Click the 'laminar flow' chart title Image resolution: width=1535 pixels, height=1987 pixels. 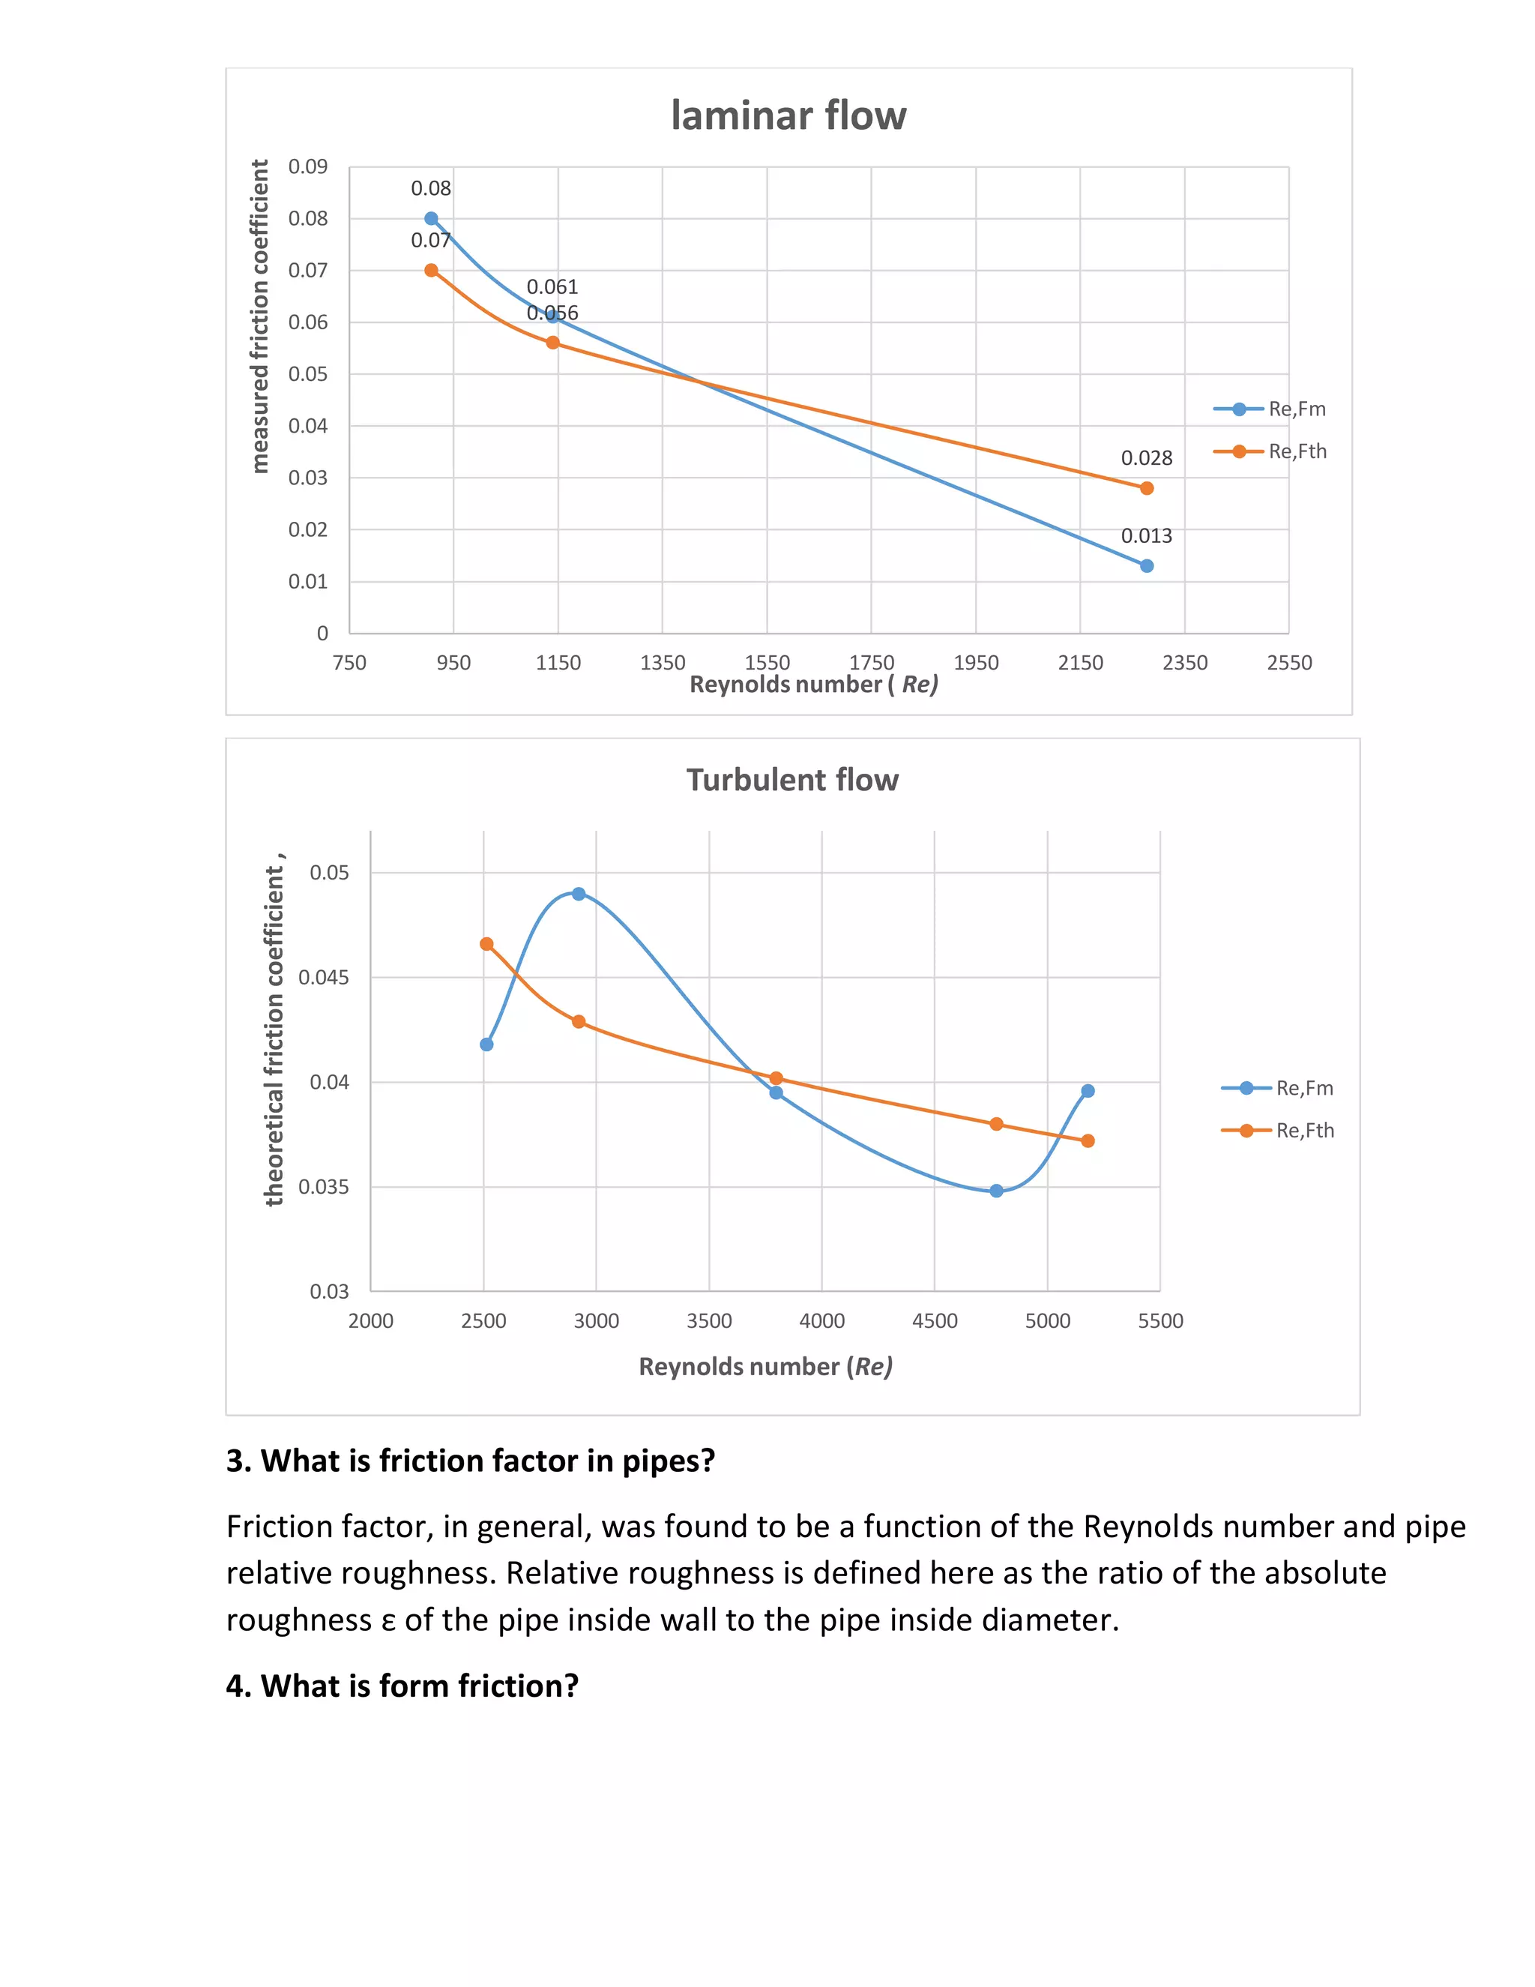click(788, 115)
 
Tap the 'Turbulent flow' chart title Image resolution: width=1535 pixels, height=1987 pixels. click(792, 780)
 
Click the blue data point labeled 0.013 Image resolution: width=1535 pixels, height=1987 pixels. click(1147, 566)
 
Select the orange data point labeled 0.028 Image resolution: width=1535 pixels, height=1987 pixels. click(1147, 489)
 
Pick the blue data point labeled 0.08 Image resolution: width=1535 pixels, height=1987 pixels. click(431, 218)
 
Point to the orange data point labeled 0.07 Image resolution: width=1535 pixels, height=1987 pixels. click(431, 270)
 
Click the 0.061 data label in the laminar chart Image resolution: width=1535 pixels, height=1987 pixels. click(552, 286)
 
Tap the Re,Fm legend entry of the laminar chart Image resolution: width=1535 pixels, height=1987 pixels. click(1270, 409)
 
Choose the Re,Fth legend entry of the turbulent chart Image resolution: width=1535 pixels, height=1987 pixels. click(1278, 1131)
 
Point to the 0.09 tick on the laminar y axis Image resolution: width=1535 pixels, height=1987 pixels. click(308, 166)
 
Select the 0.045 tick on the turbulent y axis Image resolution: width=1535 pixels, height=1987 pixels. click(324, 977)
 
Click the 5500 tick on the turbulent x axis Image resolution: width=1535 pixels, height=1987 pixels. click(1160, 1321)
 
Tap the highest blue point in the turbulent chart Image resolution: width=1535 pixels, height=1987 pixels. click(579, 894)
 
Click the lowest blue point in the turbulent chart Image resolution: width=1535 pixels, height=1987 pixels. click(997, 1191)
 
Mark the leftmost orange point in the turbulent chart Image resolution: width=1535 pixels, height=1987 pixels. click(486, 944)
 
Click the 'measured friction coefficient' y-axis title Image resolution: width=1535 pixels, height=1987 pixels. click(260, 316)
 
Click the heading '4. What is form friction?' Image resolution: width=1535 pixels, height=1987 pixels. click(402, 1686)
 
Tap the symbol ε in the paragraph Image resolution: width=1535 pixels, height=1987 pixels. click(388, 1621)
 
